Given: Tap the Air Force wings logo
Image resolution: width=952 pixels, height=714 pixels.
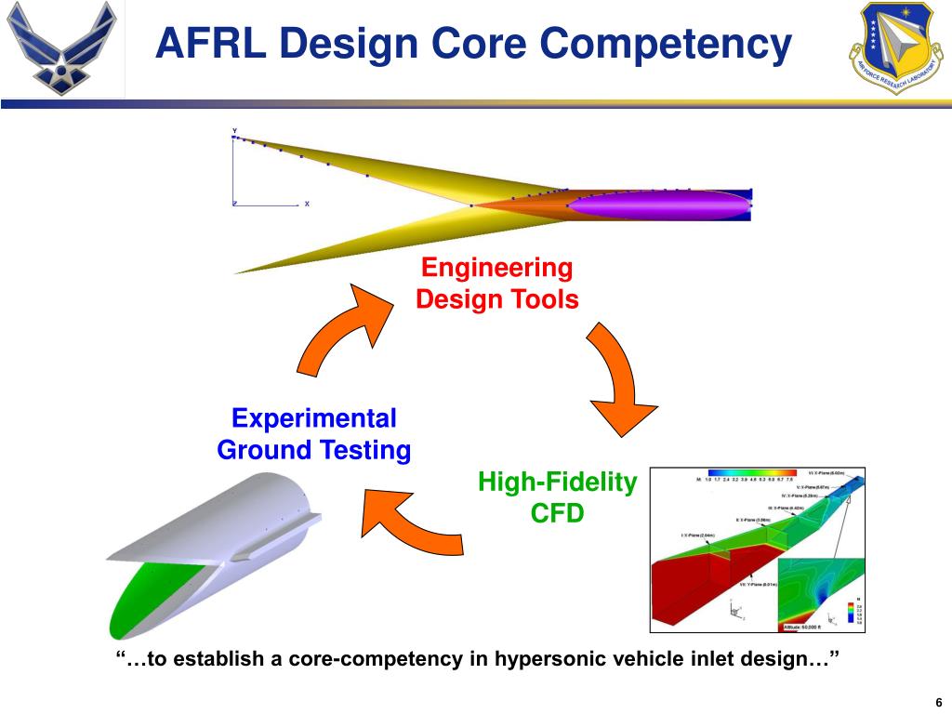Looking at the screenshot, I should click(x=61, y=48).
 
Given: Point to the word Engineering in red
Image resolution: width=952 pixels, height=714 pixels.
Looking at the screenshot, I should click(x=496, y=269).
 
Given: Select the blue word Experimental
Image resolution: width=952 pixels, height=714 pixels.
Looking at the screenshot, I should click(x=314, y=418).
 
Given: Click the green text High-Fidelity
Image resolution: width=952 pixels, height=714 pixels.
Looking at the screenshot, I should click(x=557, y=482).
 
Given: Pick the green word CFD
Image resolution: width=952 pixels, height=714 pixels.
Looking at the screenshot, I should click(x=557, y=512).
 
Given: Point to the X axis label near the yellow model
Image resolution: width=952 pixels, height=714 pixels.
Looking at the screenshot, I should click(x=307, y=204).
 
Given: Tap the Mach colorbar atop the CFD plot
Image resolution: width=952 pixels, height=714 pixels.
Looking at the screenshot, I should click(x=751, y=472).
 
